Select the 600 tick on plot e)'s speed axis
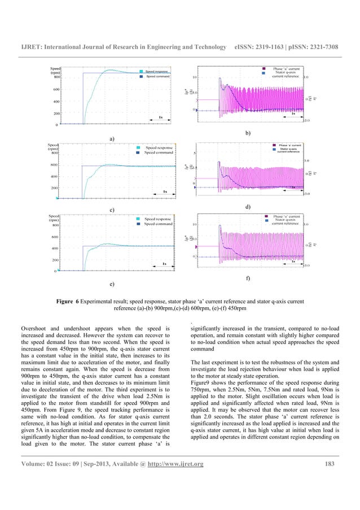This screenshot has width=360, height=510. pos(55,237)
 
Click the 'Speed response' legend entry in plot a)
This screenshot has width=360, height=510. pos(159,72)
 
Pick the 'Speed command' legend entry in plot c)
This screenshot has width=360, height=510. pos(158,152)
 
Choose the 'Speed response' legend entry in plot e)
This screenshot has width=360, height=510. pos(158,218)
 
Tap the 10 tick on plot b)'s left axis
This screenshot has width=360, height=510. pos(194,77)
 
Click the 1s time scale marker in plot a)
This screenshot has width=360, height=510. pos(160,117)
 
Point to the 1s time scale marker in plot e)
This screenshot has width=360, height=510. pos(164,263)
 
